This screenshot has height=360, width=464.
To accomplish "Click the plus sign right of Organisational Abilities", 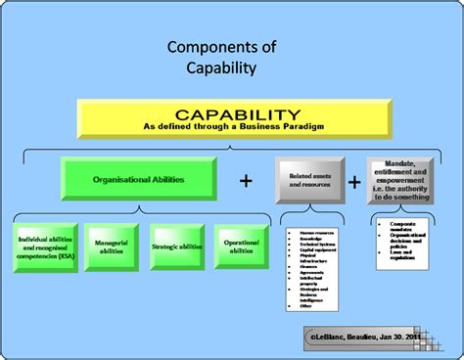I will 246,181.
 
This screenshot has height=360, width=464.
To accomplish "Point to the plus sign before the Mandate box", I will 354,181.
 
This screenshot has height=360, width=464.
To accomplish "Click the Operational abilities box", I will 241,248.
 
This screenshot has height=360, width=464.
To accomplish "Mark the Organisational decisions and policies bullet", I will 405,241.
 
